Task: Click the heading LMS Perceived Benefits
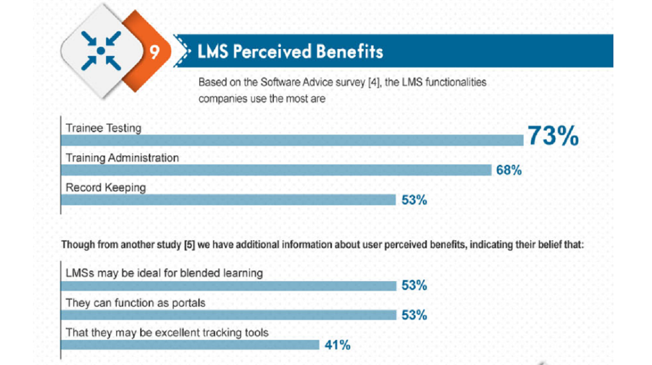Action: point(291,52)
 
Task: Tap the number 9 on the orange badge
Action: point(154,52)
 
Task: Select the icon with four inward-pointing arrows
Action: point(101,51)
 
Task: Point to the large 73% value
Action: point(553,136)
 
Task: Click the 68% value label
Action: point(509,170)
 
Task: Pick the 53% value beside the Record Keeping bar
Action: point(414,200)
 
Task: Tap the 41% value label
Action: point(337,345)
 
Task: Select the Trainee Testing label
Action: point(103,128)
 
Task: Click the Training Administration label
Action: point(122,158)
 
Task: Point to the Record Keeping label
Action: point(106,188)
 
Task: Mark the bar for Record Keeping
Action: point(228,200)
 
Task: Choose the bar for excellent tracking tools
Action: point(190,345)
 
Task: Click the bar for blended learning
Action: point(228,286)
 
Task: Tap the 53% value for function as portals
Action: point(414,315)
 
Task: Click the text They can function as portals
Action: point(135,302)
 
